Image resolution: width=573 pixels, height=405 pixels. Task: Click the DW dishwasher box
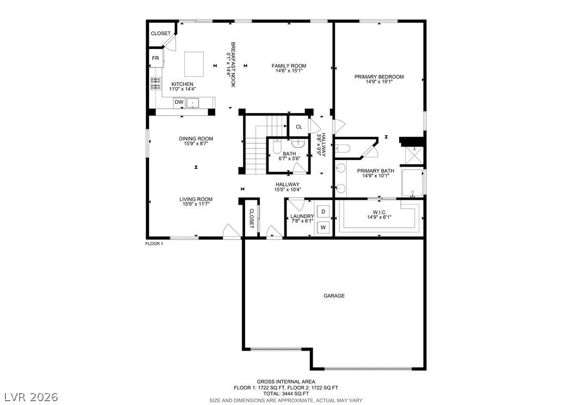tap(179, 102)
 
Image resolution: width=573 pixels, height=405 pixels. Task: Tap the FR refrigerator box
tap(155, 58)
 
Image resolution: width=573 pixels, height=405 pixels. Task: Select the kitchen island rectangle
tap(194, 64)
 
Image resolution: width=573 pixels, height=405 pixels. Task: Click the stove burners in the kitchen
tap(155, 84)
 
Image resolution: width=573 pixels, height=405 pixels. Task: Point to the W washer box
tap(323, 228)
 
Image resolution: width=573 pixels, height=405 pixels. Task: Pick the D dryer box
tap(323, 211)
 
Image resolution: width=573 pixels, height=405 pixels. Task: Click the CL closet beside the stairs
tap(299, 127)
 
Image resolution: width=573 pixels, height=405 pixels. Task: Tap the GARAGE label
tap(334, 296)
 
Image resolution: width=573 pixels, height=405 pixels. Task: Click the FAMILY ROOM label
tap(289, 66)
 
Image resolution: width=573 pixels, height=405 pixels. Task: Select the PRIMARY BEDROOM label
tap(379, 77)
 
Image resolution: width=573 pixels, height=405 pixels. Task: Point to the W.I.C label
tap(379, 212)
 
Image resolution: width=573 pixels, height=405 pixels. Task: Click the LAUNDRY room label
tap(302, 216)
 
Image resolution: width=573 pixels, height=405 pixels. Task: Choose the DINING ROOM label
tap(196, 139)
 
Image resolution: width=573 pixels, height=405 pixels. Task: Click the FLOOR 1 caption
tap(154, 244)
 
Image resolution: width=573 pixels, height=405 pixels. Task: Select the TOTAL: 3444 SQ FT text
tap(286, 394)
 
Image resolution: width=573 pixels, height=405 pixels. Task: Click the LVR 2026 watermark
tap(32, 397)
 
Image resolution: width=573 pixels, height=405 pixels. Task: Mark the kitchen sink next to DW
tap(192, 103)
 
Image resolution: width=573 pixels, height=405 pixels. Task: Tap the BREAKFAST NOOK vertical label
tap(231, 64)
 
